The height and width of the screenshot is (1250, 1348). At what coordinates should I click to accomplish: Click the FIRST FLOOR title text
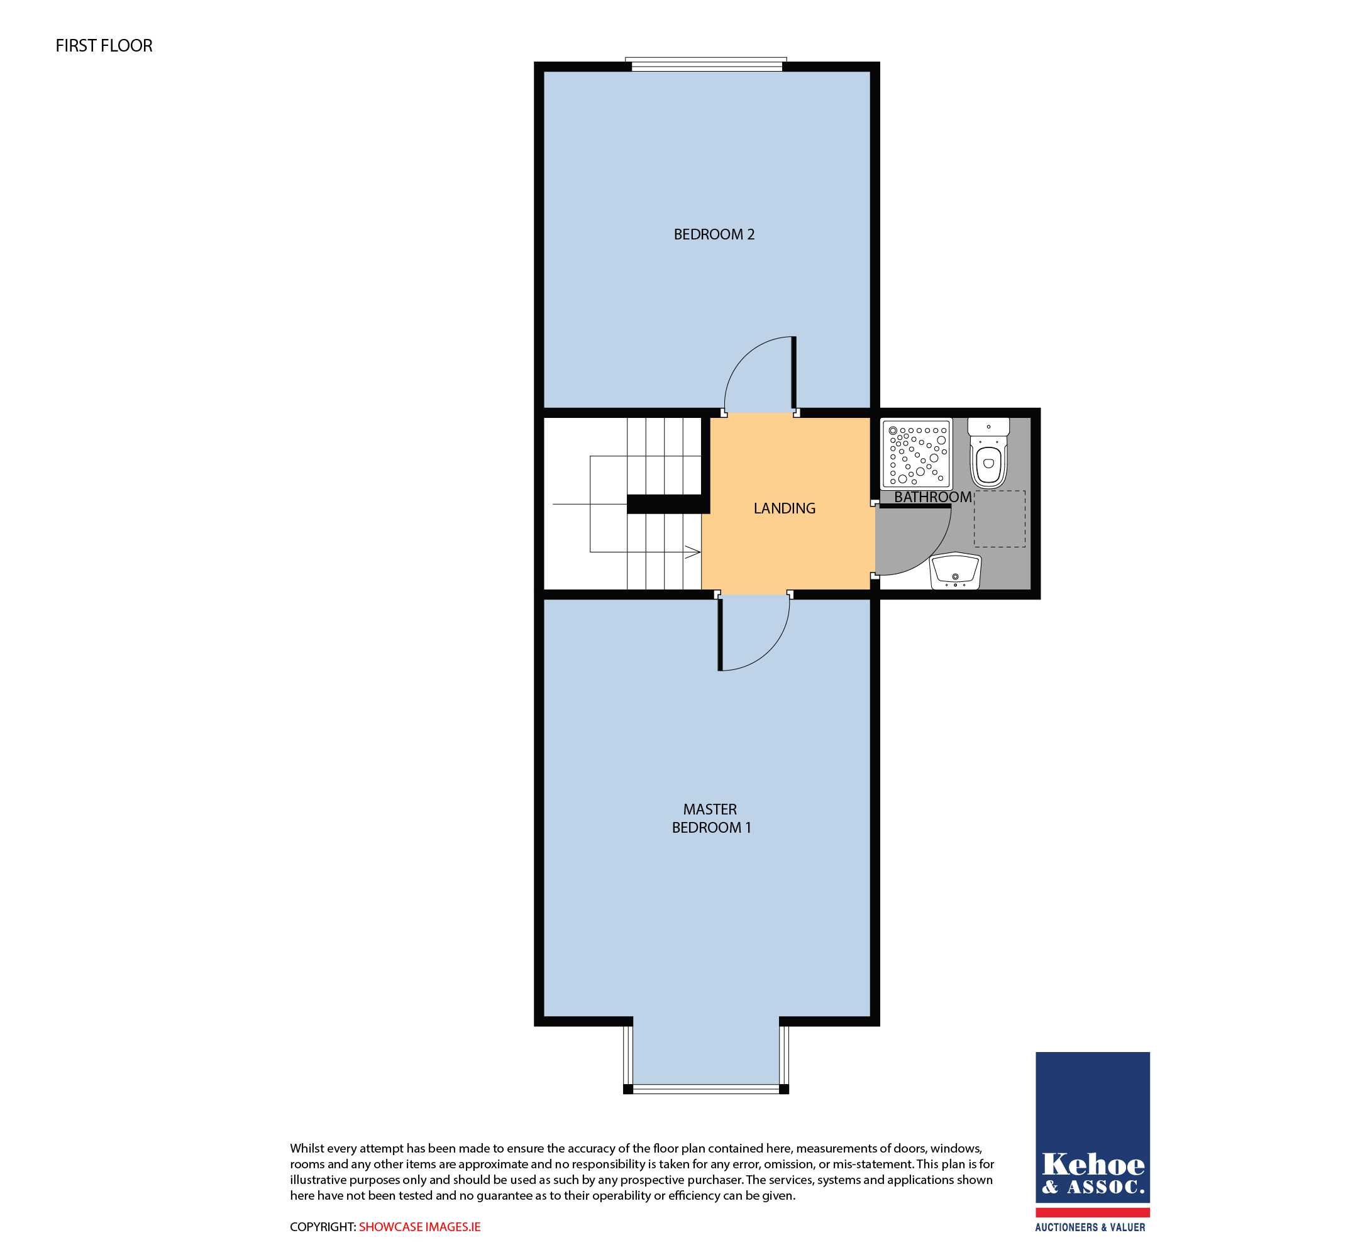point(104,46)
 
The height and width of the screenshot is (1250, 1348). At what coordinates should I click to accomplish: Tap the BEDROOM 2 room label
point(714,234)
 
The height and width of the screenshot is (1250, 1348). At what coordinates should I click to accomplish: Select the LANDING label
point(784,508)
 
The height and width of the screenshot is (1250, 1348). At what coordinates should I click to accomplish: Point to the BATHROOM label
point(932,497)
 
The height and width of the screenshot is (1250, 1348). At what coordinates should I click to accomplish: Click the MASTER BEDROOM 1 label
point(710,818)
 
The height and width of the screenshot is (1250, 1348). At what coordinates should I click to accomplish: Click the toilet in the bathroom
point(988,452)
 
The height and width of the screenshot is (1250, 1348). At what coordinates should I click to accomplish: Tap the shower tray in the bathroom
point(917,454)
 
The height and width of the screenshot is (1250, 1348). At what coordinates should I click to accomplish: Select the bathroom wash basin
point(956,571)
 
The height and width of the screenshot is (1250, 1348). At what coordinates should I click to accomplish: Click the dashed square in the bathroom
point(1000,519)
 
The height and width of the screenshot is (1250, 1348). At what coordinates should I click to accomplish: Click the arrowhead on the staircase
point(693,552)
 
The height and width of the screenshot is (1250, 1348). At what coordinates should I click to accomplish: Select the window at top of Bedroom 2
point(707,65)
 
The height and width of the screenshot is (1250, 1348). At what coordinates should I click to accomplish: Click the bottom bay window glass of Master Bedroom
point(706,1089)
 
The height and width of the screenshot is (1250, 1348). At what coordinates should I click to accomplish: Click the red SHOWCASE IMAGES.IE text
point(419,1227)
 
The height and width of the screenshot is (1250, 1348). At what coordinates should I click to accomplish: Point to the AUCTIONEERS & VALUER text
point(1090,1227)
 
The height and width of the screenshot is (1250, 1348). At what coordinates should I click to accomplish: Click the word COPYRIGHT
point(323,1227)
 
